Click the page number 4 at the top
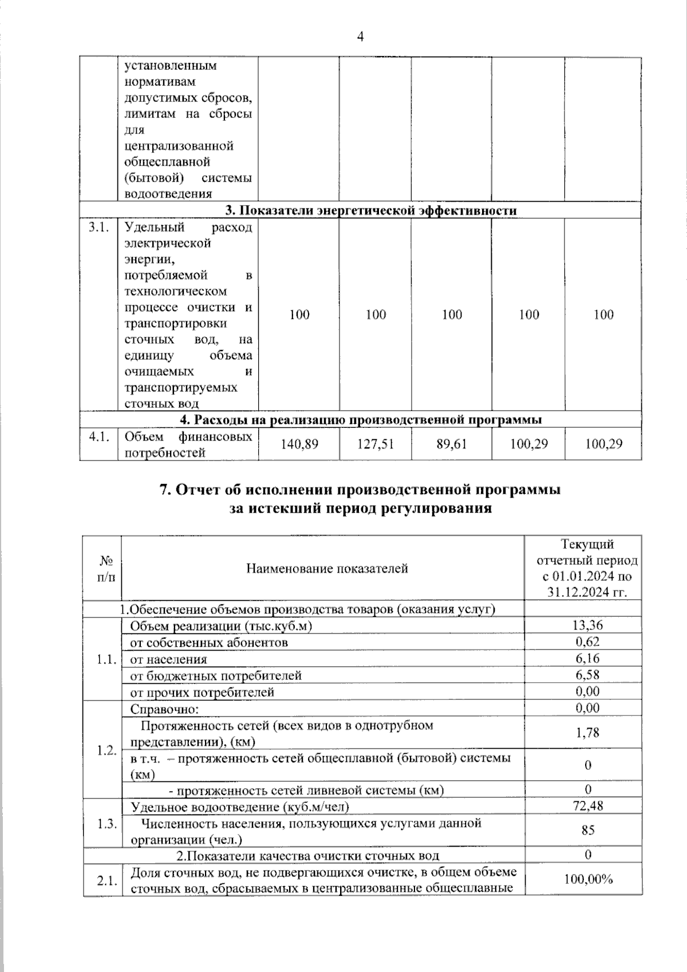click(360, 37)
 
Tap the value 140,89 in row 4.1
click(299, 444)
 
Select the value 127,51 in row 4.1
click(376, 444)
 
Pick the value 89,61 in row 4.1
click(452, 444)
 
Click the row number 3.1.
click(98, 227)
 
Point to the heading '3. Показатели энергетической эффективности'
click(370, 210)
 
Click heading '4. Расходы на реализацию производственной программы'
click(361, 420)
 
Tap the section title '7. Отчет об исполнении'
click(360, 490)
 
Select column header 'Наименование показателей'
click(327, 568)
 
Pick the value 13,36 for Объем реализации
click(588, 625)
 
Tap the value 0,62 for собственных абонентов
click(588, 642)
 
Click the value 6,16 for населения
click(588, 658)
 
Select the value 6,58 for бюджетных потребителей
click(588, 675)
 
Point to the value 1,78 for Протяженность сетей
click(588, 733)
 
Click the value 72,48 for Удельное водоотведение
click(588, 806)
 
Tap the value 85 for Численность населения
click(588, 830)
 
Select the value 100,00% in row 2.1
click(588, 879)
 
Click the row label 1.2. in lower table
click(106, 750)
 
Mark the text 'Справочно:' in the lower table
click(165, 709)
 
